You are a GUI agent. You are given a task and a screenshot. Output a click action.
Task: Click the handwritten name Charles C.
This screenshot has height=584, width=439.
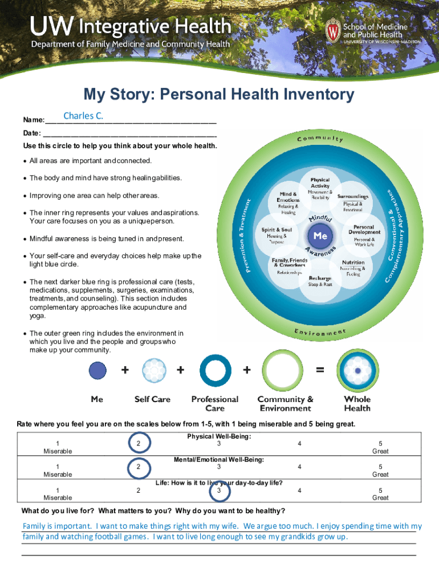click(83, 116)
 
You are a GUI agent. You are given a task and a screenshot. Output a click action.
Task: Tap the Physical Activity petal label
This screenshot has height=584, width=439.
click(320, 183)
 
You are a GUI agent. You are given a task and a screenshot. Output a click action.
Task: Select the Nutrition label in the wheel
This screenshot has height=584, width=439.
click(353, 263)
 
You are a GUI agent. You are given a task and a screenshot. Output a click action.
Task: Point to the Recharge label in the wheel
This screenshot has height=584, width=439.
click(320, 278)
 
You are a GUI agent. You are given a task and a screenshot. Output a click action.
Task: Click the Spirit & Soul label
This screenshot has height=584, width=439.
click(277, 230)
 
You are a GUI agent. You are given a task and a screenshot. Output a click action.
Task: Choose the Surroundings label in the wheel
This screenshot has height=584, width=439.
click(352, 196)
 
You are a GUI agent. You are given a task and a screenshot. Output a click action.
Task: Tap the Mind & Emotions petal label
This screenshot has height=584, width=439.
click(288, 197)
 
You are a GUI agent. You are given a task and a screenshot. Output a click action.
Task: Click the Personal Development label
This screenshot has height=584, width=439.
click(364, 229)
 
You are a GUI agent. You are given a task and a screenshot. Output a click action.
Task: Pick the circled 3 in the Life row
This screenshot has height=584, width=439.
click(218, 490)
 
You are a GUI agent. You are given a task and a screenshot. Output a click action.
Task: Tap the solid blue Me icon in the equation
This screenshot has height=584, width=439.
click(97, 371)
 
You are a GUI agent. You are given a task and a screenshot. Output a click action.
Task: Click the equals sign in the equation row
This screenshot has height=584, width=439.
click(320, 370)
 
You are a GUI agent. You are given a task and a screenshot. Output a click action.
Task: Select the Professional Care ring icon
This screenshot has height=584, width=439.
click(215, 371)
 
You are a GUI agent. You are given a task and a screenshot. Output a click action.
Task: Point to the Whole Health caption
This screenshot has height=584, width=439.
click(357, 403)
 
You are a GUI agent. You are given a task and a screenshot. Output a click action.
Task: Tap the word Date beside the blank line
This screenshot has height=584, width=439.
click(31, 133)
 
